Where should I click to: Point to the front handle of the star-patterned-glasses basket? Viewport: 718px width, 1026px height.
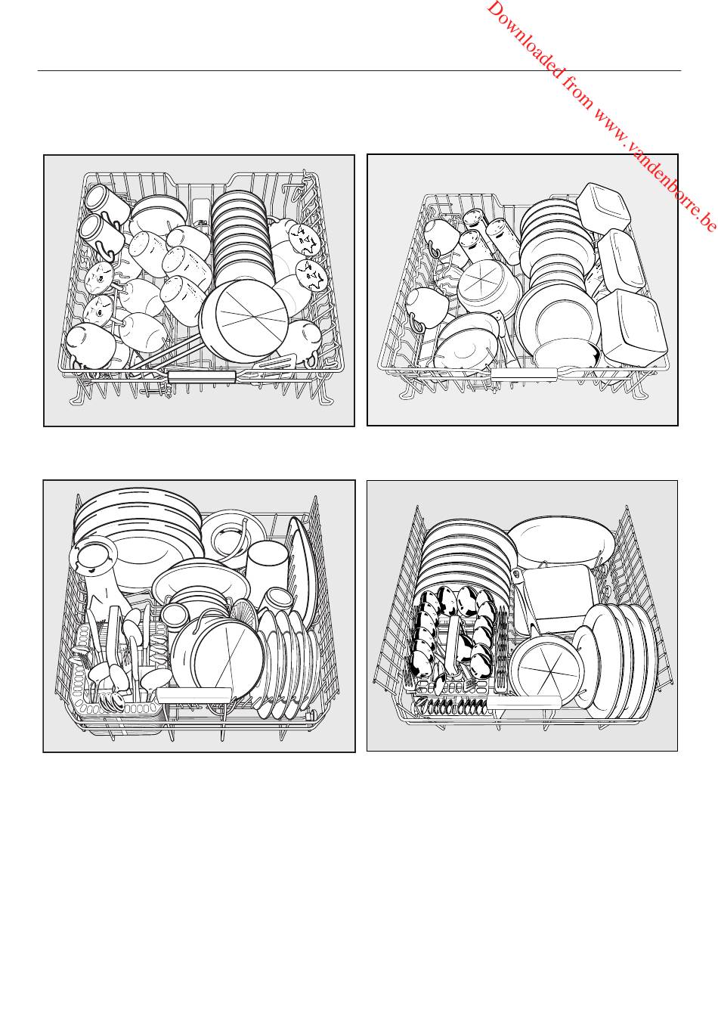(x=202, y=377)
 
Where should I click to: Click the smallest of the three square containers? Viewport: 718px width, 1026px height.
(x=603, y=206)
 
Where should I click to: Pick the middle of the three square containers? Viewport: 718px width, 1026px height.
(x=621, y=261)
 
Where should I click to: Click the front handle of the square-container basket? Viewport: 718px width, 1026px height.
(x=525, y=374)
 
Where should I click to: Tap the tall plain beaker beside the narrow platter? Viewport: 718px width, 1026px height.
(x=266, y=566)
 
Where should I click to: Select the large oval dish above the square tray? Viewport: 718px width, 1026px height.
(x=561, y=543)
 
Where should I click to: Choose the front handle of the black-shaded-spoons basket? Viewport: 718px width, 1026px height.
(x=524, y=702)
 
